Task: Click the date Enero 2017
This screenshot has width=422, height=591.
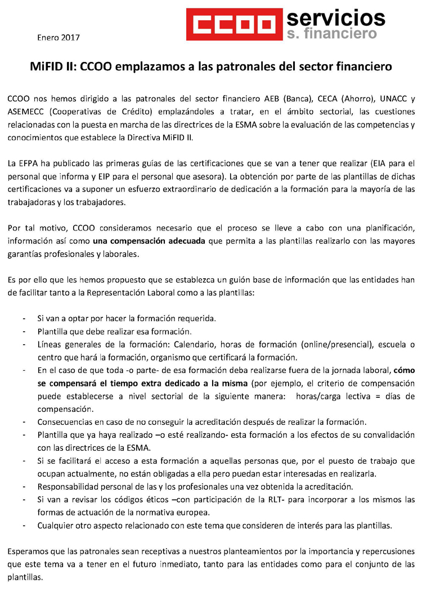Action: (x=59, y=38)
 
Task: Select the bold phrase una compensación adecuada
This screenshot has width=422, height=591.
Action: (x=149, y=241)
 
